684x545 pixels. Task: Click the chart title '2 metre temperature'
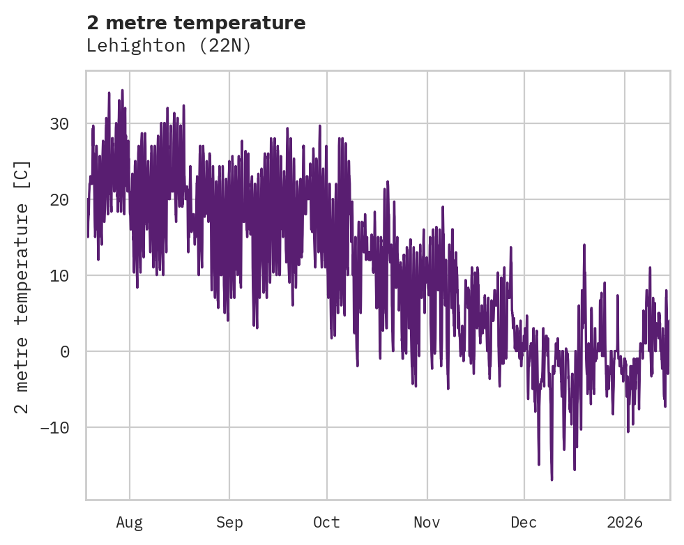point(196,23)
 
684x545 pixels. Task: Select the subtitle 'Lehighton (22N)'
point(168,46)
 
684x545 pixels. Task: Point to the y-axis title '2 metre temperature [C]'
point(22,287)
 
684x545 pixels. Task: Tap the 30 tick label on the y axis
point(59,124)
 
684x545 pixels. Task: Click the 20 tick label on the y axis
point(59,200)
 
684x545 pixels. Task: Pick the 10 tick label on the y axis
point(59,275)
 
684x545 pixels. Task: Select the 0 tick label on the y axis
point(64,351)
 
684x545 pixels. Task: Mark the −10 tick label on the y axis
point(54,427)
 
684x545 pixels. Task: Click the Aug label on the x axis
point(130,523)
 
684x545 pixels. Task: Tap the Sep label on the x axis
point(229,523)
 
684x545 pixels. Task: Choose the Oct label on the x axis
point(326,523)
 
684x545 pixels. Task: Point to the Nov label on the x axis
point(427,523)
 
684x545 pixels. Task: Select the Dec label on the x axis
point(524,523)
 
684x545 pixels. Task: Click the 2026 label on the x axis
point(625,523)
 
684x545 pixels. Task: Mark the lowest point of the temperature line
point(552,479)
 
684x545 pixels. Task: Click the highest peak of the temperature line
point(122,90)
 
